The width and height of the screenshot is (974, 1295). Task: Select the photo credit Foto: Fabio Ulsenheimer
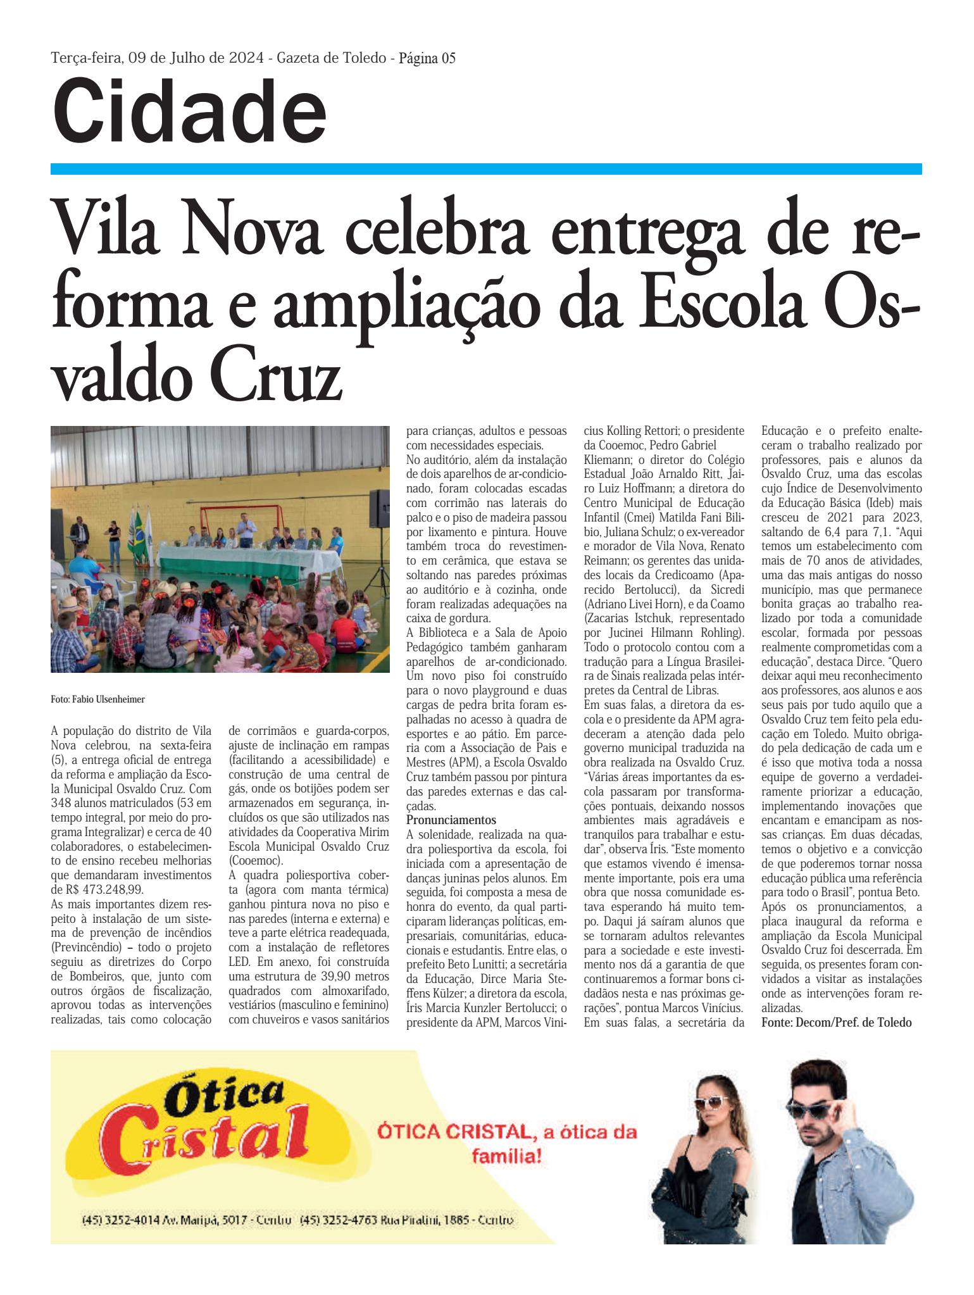point(98,699)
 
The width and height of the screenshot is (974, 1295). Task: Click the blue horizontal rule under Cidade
point(486,168)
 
